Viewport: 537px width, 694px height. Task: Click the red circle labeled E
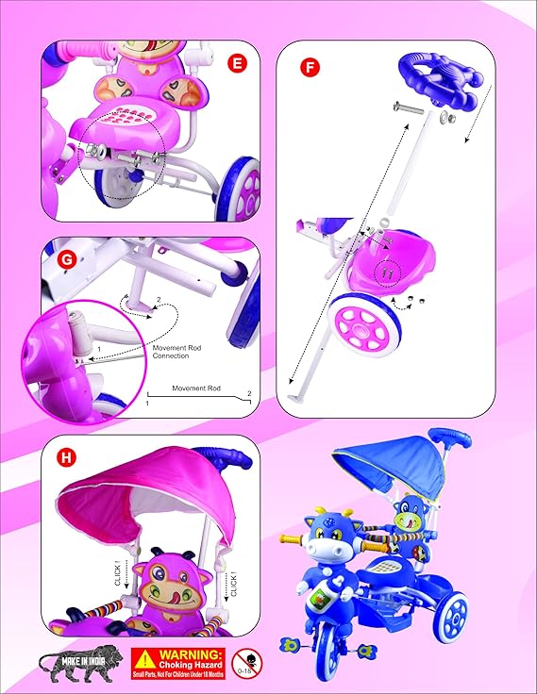(x=239, y=63)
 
